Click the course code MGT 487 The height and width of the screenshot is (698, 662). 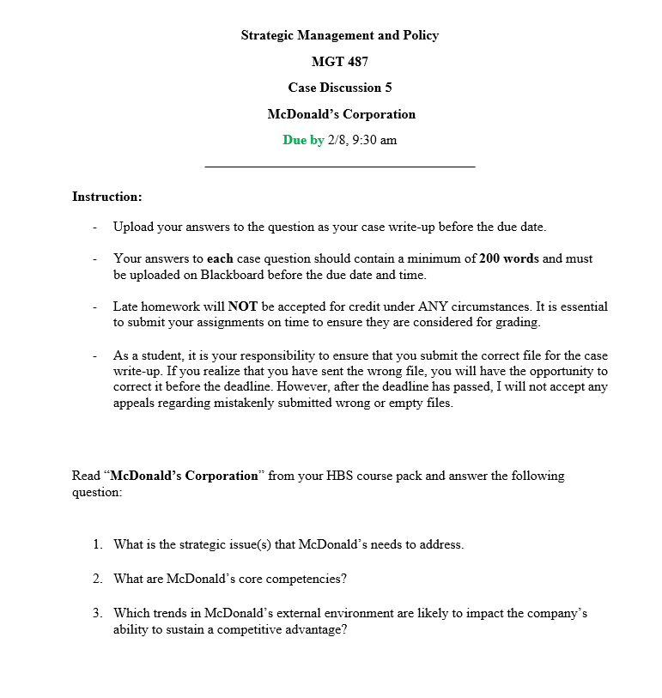coord(339,62)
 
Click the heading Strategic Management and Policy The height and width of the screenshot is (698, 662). coord(339,35)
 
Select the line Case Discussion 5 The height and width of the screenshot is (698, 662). coord(339,88)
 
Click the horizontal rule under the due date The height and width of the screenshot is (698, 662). coord(339,167)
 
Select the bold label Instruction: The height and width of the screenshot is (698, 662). coord(106,197)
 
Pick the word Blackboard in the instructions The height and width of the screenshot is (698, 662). coord(233,276)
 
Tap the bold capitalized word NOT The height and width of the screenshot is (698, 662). coord(243,307)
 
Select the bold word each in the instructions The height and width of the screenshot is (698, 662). coord(220,258)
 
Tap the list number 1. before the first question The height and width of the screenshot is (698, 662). coord(98,544)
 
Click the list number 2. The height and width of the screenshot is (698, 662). coord(98,579)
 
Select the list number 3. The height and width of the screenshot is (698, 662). coord(98,614)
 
